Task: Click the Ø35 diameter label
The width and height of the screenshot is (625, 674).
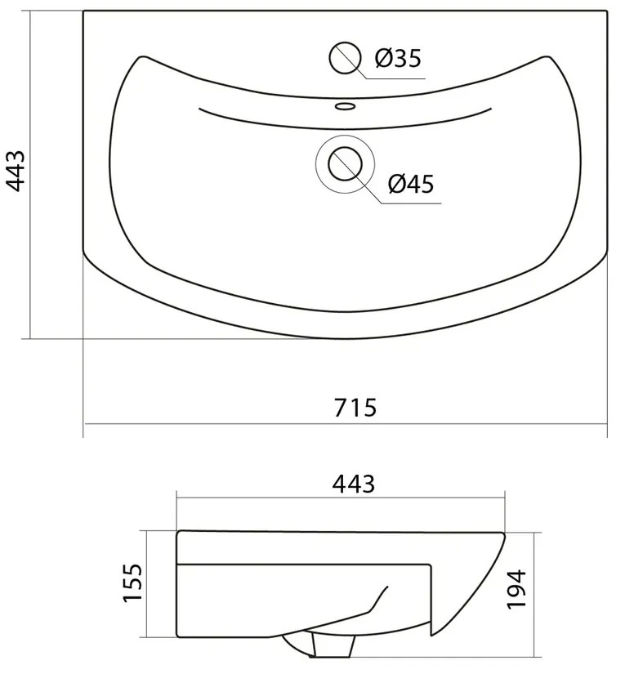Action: click(x=398, y=58)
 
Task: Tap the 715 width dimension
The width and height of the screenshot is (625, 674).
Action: click(x=355, y=408)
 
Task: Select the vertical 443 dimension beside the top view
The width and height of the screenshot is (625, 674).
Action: click(x=16, y=171)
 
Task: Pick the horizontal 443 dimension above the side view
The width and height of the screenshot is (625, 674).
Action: click(x=353, y=484)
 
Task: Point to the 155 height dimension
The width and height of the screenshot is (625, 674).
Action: click(x=132, y=582)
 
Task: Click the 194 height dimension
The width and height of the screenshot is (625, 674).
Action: click(x=516, y=589)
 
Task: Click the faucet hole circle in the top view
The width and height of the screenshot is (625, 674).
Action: click(x=344, y=58)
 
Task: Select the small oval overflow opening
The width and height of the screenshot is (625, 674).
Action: click(x=345, y=105)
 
